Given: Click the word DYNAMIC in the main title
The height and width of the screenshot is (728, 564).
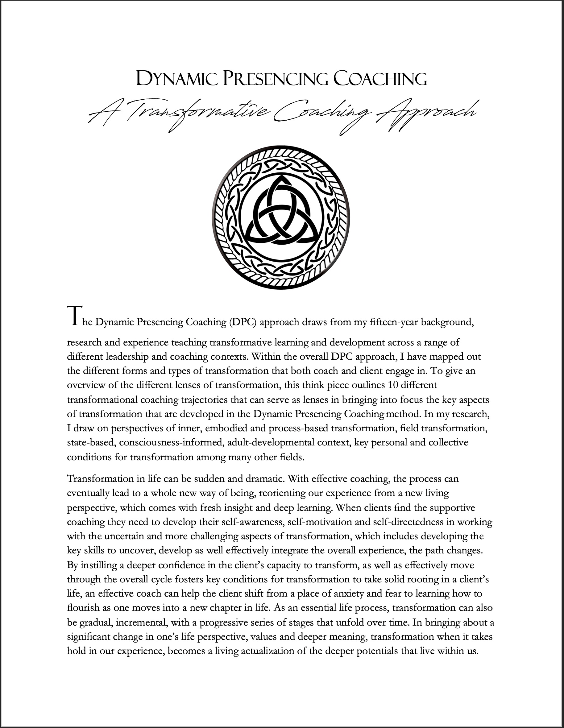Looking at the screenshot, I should tap(177, 79).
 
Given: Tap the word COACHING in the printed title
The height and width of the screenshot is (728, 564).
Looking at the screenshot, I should tap(380, 79).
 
